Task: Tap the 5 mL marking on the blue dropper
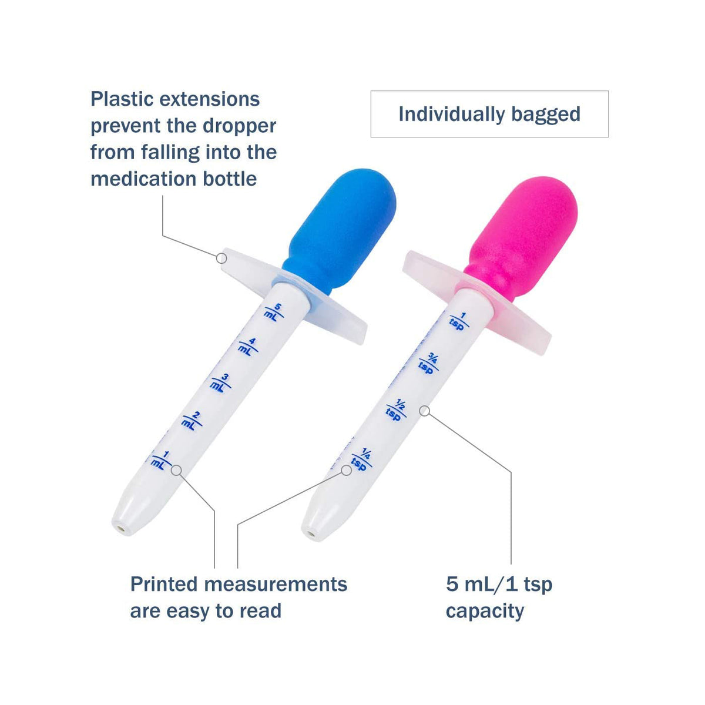(274, 312)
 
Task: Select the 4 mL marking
(248, 347)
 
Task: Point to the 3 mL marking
(220, 383)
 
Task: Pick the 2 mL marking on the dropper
(192, 421)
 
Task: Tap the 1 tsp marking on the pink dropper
(459, 321)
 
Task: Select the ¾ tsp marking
(428, 363)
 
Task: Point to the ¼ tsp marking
(362, 459)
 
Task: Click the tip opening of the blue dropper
(122, 529)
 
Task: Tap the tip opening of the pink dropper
(311, 535)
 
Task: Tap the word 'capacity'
(485, 612)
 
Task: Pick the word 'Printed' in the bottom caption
(164, 584)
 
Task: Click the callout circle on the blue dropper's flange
(221, 258)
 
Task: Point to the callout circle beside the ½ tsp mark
(424, 411)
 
